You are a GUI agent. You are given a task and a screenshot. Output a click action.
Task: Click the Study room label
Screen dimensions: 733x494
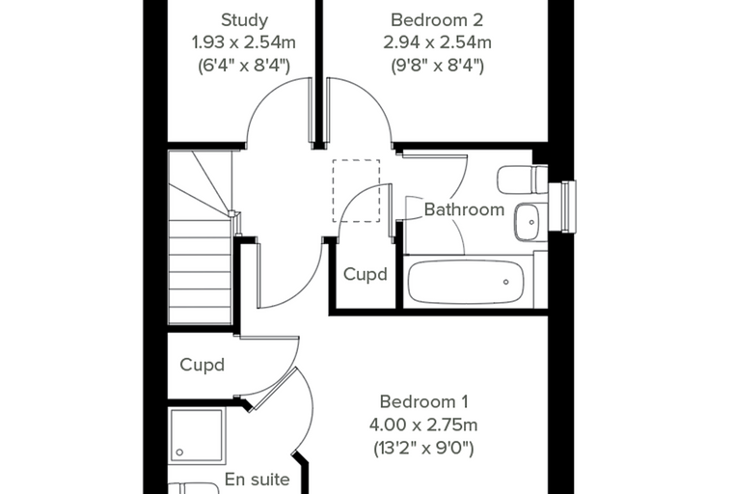tap(244, 20)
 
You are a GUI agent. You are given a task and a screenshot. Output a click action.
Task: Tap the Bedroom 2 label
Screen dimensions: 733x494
tap(437, 20)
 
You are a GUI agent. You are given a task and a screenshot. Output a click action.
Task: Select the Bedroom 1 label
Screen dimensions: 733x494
tap(423, 401)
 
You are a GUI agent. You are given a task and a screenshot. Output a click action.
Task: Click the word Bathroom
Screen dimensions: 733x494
tap(464, 209)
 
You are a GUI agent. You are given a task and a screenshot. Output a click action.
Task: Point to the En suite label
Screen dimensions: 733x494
tap(258, 480)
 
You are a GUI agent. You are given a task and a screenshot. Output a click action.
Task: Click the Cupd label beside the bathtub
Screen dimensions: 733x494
tap(366, 274)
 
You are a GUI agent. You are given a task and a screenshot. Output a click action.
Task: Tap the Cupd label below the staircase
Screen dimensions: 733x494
tap(202, 365)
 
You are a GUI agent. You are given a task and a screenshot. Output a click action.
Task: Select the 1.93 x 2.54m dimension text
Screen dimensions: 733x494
tap(244, 42)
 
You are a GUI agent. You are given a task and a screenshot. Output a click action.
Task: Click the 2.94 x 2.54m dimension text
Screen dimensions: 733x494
tap(437, 42)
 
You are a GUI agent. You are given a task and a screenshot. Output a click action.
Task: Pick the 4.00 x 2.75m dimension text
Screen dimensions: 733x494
tap(423, 425)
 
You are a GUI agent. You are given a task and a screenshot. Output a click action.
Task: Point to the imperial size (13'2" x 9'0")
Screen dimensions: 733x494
tap(423, 448)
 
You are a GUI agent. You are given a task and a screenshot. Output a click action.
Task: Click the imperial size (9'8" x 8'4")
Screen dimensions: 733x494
tap(437, 65)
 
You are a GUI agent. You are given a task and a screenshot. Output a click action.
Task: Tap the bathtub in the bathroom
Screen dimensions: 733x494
tap(466, 282)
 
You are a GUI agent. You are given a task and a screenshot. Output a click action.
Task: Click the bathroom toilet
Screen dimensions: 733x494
tap(522, 179)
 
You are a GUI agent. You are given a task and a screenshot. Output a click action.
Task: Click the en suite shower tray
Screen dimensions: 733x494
tap(197, 436)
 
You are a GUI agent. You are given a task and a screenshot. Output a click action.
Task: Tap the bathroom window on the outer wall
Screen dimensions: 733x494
tap(562, 206)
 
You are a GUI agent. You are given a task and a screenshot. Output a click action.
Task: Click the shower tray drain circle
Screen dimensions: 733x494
tap(179, 453)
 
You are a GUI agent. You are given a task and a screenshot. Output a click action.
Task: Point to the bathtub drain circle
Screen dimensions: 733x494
tap(505, 282)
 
